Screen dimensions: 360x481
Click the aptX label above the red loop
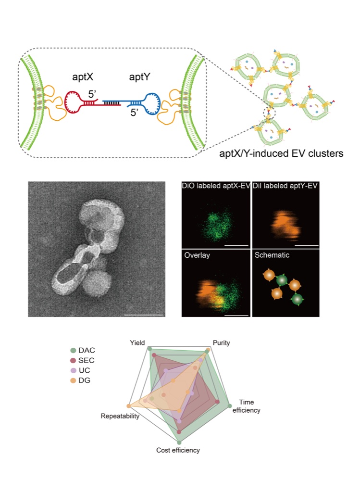(x=83, y=76)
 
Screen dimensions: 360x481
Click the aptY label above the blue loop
(x=139, y=76)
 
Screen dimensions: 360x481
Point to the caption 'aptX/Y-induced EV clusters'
(x=281, y=153)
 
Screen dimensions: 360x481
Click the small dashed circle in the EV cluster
(x=270, y=112)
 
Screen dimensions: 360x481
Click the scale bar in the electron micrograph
(x=144, y=315)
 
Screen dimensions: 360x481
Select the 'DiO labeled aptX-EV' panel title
(x=216, y=186)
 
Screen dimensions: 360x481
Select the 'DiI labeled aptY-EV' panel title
(x=285, y=186)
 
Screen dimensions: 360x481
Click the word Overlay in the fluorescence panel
(x=197, y=255)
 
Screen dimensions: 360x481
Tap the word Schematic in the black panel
(x=272, y=255)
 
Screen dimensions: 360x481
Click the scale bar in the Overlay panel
(x=236, y=315)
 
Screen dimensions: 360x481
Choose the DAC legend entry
(x=83, y=350)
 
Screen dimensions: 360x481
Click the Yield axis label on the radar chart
(x=137, y=342)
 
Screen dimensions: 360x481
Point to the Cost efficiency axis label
(x=178, y=450)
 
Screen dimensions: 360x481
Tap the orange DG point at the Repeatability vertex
(x=129, y=406)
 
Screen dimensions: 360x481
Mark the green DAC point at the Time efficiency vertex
(x=230, y=406)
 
